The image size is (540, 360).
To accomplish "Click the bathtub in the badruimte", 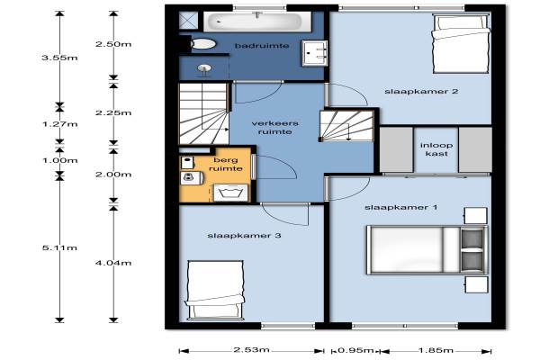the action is point(257,22).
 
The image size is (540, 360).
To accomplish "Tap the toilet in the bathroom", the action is point(202,44).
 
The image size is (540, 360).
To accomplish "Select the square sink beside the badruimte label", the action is point(314,53).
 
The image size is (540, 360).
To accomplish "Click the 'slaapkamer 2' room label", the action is point(421,91).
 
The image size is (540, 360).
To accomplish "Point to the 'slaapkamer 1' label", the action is point(400,207).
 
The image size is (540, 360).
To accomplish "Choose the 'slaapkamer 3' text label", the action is point(244,236).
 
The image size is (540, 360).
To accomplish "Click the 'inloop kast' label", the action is point(436,149).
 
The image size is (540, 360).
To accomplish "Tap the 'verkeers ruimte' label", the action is point(274,128).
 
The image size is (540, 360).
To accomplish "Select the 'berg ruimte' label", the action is point(226,165).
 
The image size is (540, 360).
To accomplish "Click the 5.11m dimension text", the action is point(59,247).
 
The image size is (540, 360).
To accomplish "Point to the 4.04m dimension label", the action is point(113,263).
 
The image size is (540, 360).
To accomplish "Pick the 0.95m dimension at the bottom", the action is point(355,350).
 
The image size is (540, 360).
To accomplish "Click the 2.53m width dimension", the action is point(251,350).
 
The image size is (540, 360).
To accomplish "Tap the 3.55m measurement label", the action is point(59,58).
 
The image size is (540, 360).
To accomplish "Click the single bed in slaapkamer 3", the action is point(215,291).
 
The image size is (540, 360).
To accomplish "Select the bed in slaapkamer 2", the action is point(461,43).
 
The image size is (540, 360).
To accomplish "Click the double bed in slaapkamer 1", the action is point(427,250).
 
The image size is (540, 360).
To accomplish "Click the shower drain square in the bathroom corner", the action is point(188,20).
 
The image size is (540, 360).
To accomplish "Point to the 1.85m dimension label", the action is point(436,350).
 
